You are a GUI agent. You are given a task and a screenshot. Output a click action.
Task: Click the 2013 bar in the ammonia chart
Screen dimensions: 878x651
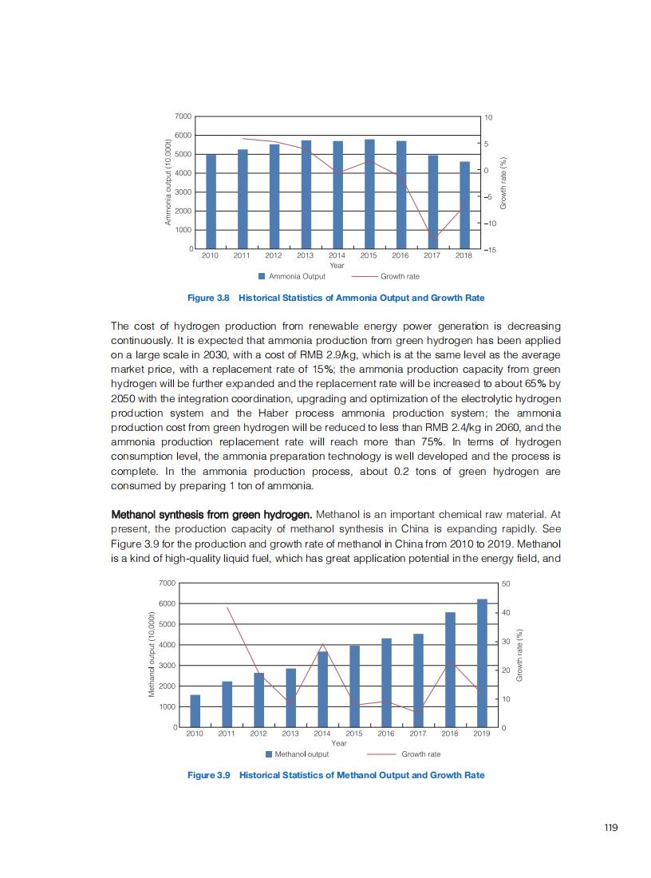tap(306, 195)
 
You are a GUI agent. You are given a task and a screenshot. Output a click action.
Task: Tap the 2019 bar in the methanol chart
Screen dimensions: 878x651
tap(482, 663)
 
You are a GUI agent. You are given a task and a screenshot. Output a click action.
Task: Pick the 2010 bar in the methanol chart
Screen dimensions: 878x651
tap(195, 711)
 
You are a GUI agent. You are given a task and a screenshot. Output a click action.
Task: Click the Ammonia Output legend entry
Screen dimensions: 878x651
tap(292, 276)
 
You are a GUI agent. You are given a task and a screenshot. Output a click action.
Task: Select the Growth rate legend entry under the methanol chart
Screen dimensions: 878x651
tap(403, 753)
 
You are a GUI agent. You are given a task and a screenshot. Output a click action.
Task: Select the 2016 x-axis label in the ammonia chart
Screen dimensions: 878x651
tap(400, 256)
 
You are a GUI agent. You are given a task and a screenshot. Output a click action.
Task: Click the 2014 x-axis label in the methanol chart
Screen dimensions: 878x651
tap(322, 733)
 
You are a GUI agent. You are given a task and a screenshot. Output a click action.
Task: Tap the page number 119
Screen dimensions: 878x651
tap(611, 828)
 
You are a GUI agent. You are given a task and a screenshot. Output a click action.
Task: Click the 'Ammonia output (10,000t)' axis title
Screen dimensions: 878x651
tap(168, 183)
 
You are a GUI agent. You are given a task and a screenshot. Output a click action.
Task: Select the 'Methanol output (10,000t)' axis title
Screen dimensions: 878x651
tap(152, 655)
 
